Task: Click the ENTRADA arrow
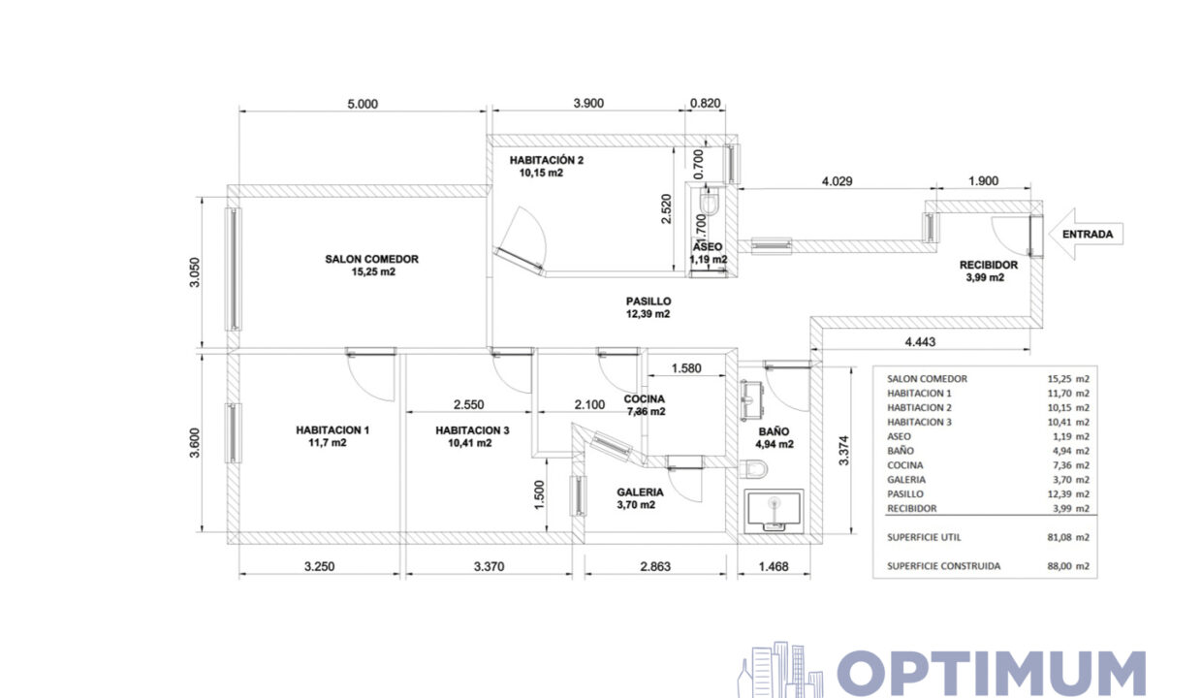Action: coord(1086,234)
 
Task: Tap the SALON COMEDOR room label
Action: coord(372,259)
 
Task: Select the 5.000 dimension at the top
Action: coord(363,104)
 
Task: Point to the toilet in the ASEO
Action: coord(710,202)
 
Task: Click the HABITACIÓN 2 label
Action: coord(547,160)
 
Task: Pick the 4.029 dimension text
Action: coord(838,181)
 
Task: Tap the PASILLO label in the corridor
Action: coord(648,301)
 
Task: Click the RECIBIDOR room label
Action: coord(989,265)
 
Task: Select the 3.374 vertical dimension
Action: coord(843,450)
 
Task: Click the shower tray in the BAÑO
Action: coord(774,511)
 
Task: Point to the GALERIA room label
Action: coord(640,492)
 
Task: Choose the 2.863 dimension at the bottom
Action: coord(655,566)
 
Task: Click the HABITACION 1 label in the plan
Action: coord(332,430)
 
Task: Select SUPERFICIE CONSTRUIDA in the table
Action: coord(943,566)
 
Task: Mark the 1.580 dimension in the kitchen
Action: coord(686,368)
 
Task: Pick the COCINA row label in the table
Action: coord(904,465)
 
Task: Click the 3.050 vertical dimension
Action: coord(194,272)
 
